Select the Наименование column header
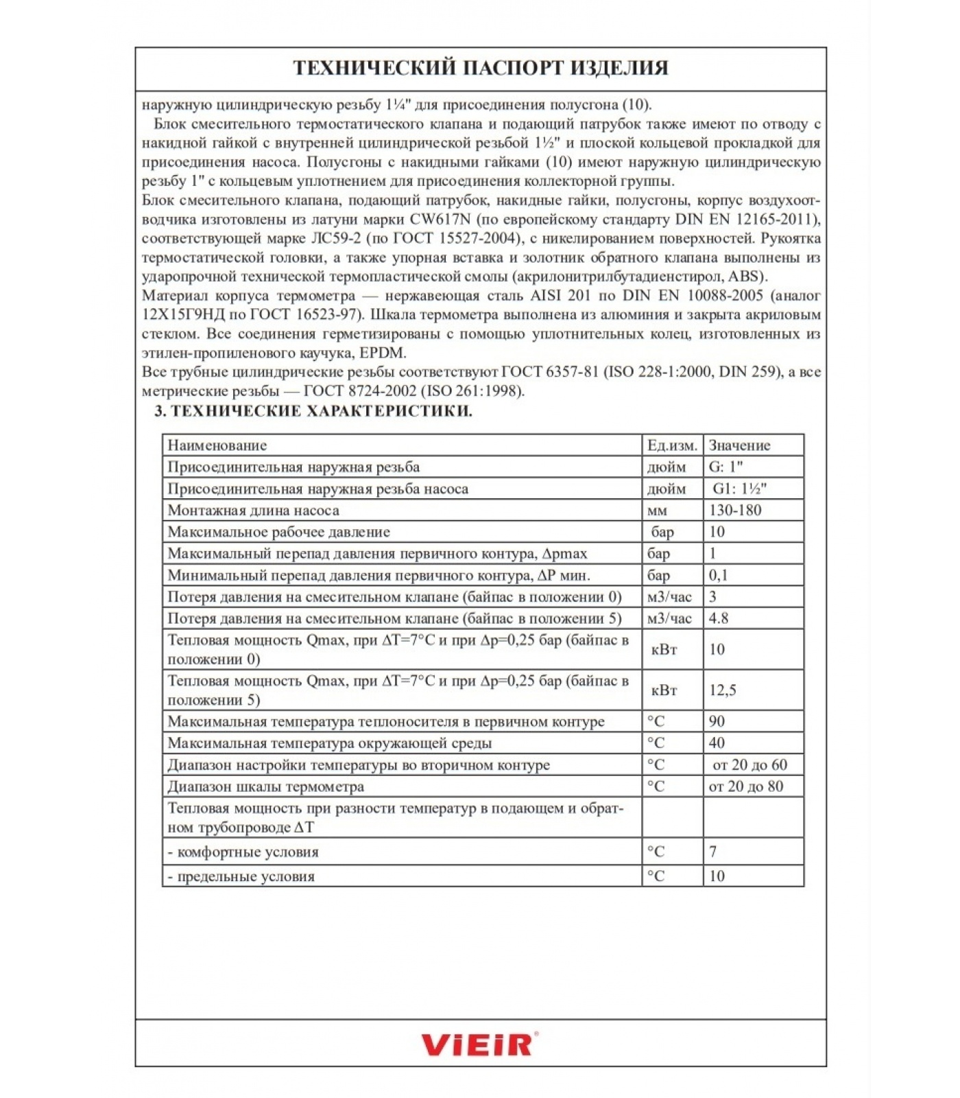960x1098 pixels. (x=217, y=445)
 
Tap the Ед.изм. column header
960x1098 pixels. (x=671, y=445)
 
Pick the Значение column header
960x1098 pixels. (x=739, y=445)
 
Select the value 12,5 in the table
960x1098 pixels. (x=722, y=690)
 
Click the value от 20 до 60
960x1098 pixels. (x=749, y=765)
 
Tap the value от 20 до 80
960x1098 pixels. (x=745, y=786)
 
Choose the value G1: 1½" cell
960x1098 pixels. (x=739, y=489)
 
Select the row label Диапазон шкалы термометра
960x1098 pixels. (x=265, y=786)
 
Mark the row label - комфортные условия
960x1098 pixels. (x=243, y=852)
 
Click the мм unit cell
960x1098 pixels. (x=656, y=511)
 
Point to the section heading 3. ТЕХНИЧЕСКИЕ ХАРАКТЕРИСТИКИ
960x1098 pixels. (x=313, y=411)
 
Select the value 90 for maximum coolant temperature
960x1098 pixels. (x=717, y=722)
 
